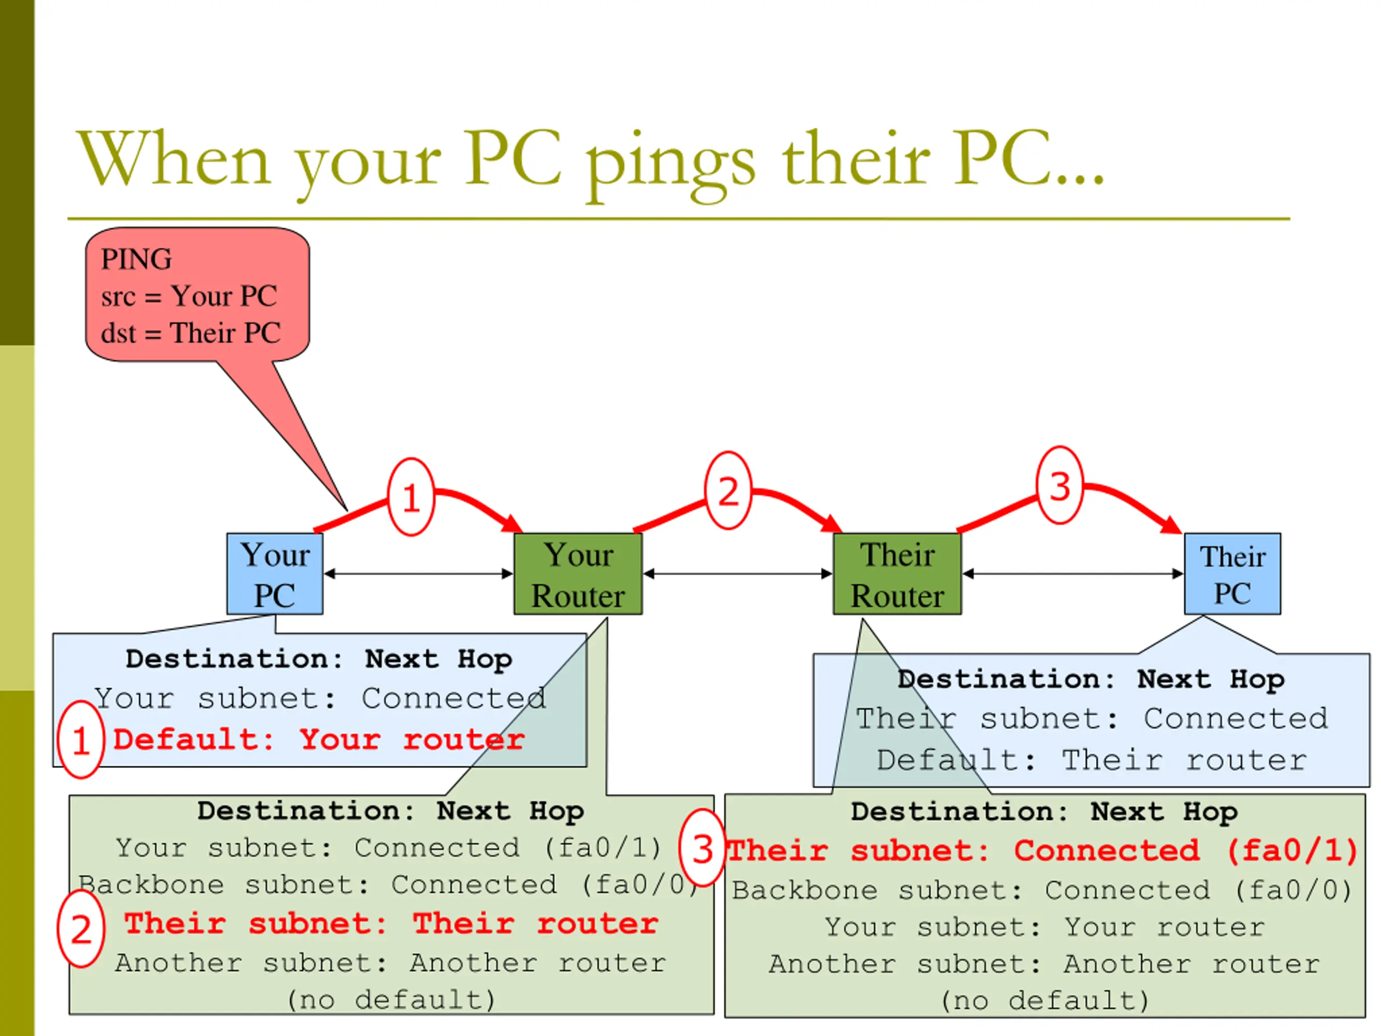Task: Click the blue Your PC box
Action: point(275,573)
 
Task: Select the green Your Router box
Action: point(578,573)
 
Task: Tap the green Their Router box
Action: point(897,573)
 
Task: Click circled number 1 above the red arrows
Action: point(411,497)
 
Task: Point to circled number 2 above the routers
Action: point(728,491)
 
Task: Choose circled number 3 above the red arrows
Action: point(1059,485)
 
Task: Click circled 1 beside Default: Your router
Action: point(80,739)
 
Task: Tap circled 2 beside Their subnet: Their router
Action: point(81,929)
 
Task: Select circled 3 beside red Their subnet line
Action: point(702,848)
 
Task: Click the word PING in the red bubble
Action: point(136,259)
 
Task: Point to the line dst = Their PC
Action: point(190,333)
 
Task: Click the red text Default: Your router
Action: point(318,739)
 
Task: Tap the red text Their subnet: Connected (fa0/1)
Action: point(1043,850)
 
